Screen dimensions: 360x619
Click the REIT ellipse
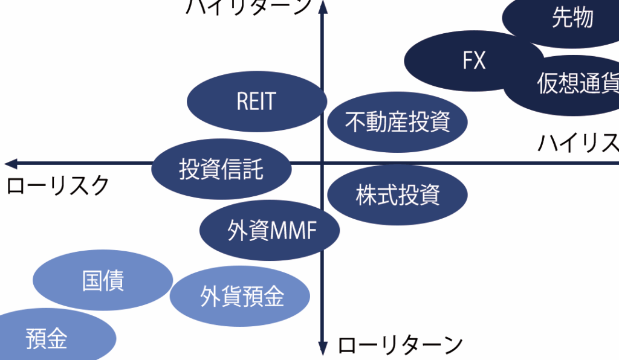pyautogui.click(x=256, y=101)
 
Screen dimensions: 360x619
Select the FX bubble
pyautogui.click(x=474, y=60)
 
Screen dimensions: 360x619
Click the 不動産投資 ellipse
pyautogui.click(x=397, y=122)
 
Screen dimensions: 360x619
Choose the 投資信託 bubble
pyautogui.click(x=221, y=169)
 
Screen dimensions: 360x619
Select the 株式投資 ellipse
pyautogui.click(x=397, y=194)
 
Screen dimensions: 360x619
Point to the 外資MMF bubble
pyautogui.click(x=270, y=231)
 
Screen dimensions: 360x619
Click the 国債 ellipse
pyautogui.click(x=103, y=281)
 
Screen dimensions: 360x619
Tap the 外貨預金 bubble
pyautogui.click(x=240, y=297)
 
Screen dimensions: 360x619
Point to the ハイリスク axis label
pyautogui.click(x=578, y=144)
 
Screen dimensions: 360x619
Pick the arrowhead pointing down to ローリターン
pyautogui.click(x=322, y=349)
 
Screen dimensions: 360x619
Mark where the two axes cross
pyautogui.click(x=322, y=163)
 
